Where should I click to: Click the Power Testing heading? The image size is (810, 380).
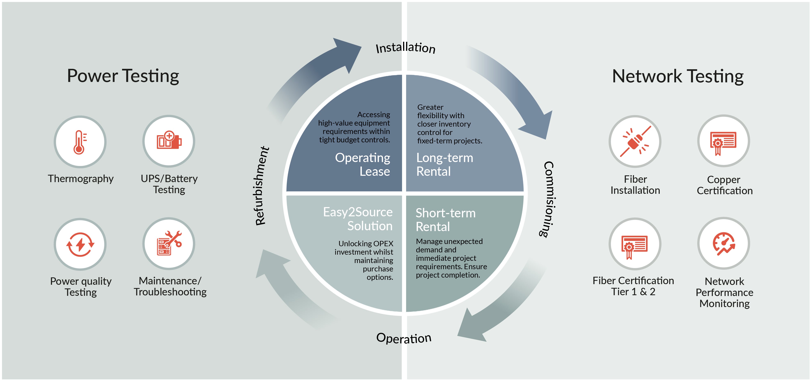[x=123, y=76]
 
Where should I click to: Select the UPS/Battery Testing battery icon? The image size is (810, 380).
[x=169, y=141]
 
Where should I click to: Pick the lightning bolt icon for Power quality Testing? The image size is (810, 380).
[x=80, y=244]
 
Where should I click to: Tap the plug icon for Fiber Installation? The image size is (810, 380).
[x=635, y=141]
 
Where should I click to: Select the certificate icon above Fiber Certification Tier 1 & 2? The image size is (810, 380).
[x=635, y=245]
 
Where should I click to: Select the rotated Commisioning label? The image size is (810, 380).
[x=549, y=199]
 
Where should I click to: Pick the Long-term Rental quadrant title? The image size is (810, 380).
[x=444, y=164]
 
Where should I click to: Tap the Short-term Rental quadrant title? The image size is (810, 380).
[x=445, y=220]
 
